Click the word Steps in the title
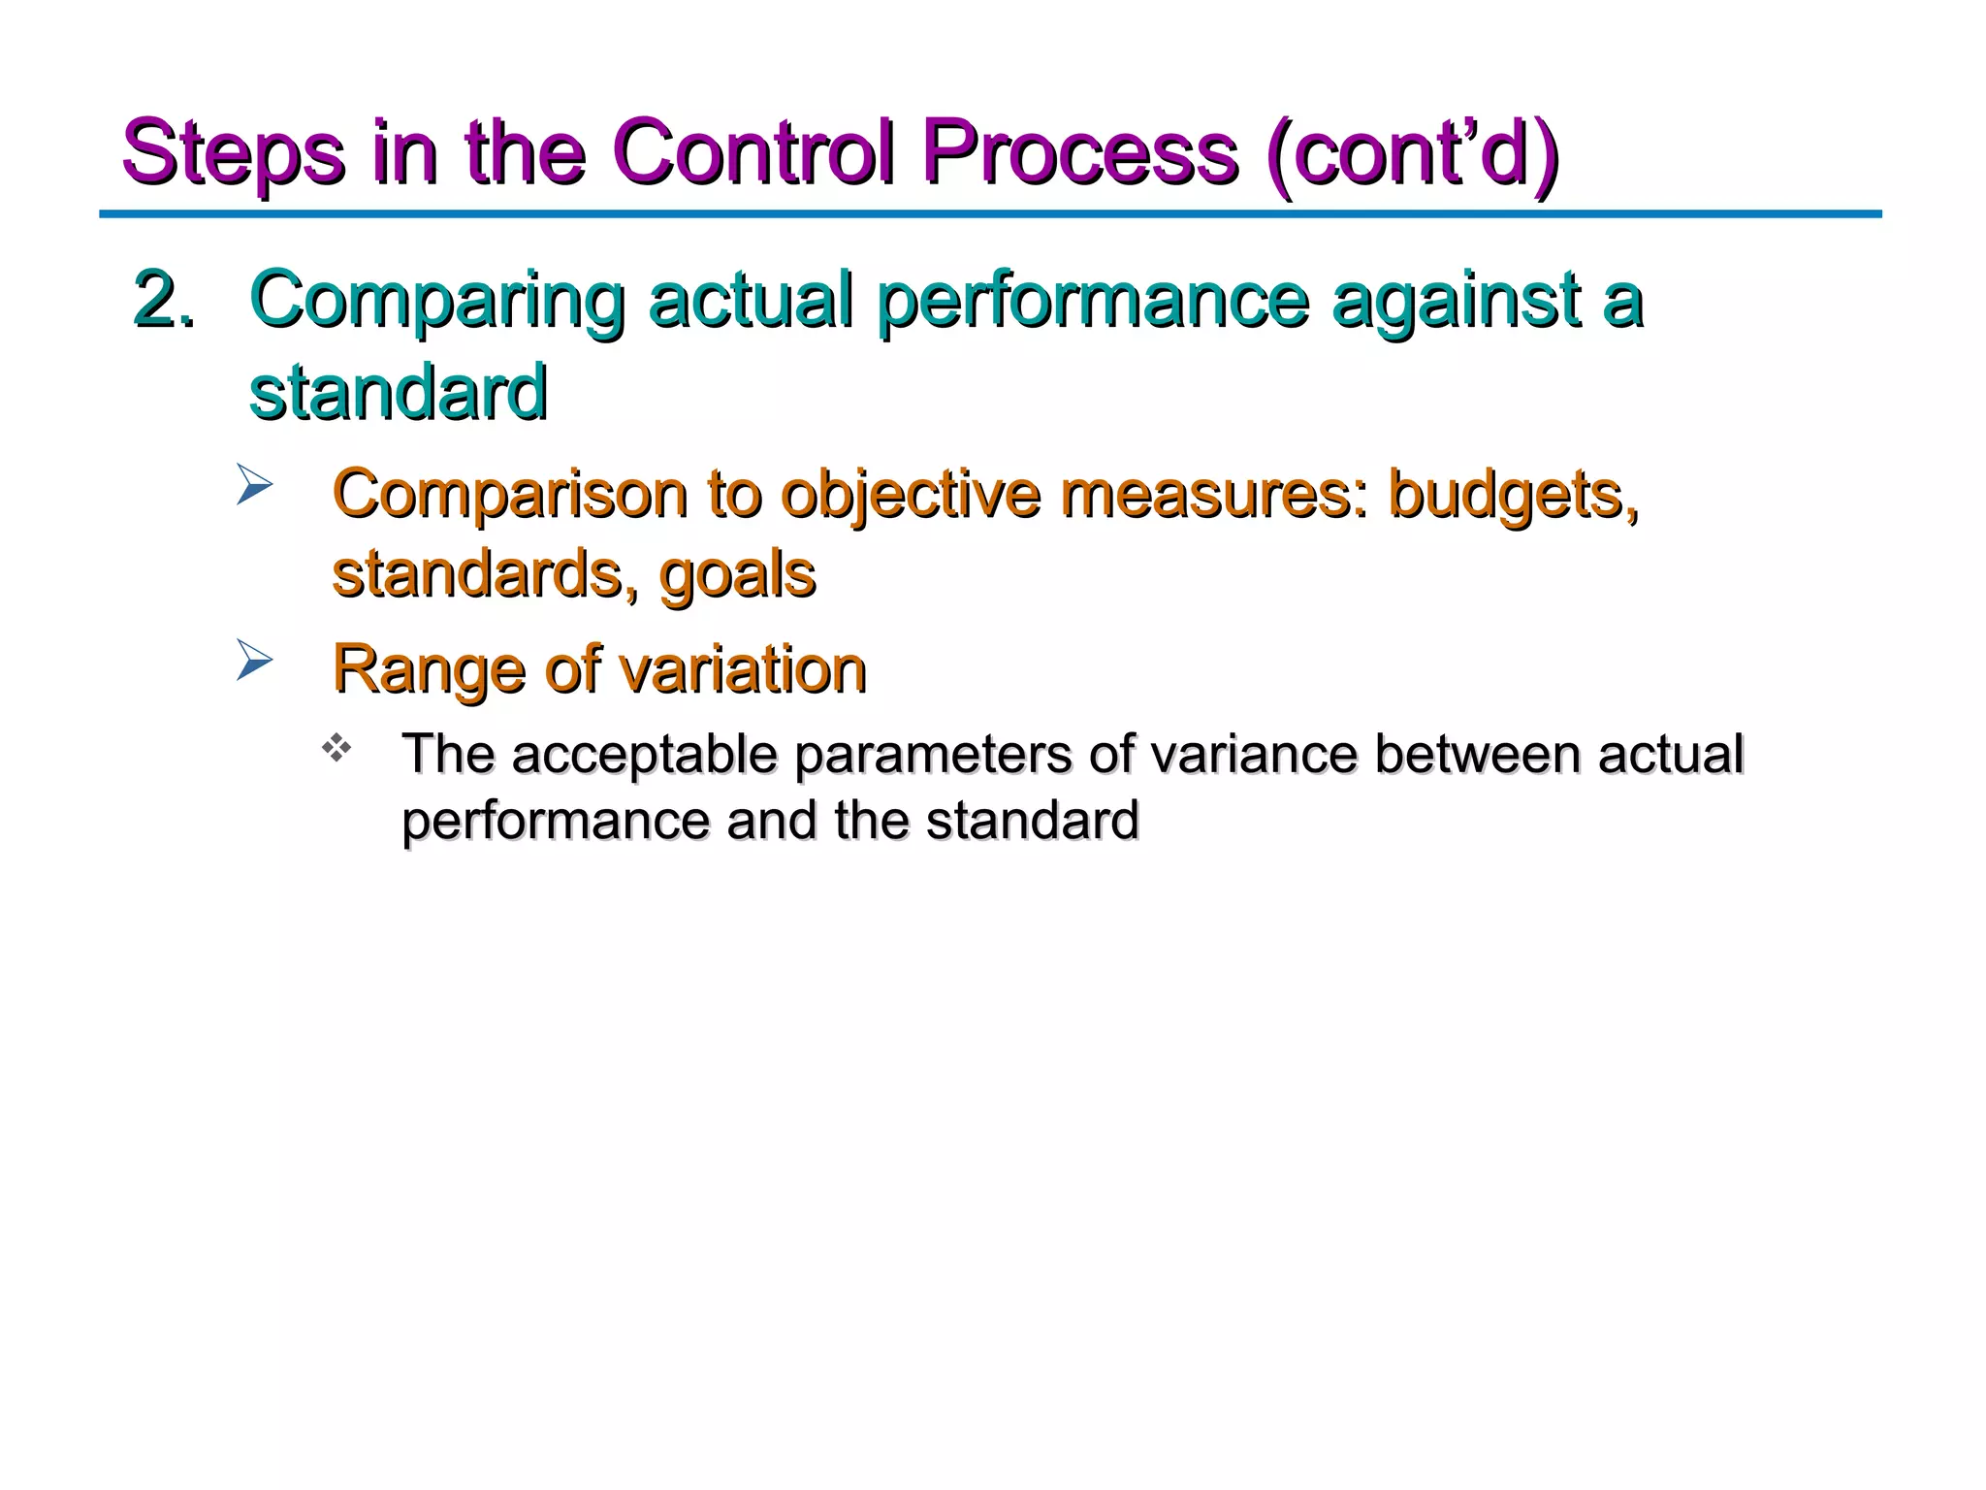(233, 153)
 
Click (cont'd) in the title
(1412, 153)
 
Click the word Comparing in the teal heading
(436, 301)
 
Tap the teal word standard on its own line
(398, 392)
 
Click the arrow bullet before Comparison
(255, 485)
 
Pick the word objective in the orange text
(911, 495)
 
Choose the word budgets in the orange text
(1513, 495)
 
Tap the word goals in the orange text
(737, 574)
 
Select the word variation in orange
(742, 669)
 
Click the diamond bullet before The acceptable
(336, 748)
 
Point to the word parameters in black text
(932, 756)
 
